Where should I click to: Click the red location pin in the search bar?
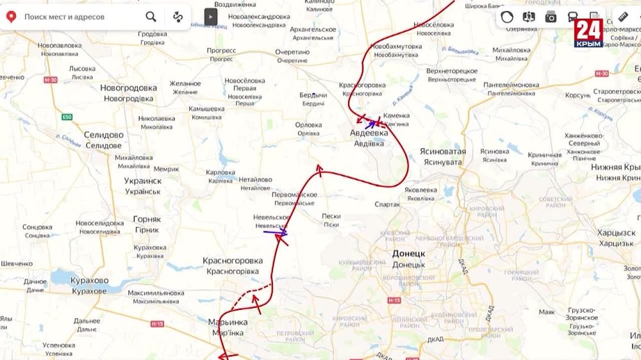pyautogui.click(x=10, y=17)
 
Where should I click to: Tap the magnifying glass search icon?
pyautogui.click(x=151, y=17)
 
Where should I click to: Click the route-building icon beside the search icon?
pyautogui.click(x=178, y=17)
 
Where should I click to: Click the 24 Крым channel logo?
pyautogui.click(x=588, y=33)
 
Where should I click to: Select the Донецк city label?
pyautogui.click(x=408, y=254)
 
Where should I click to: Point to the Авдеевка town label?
pyautogui.click(x=369, y=133)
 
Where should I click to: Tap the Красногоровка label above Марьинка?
pyautogui.click(x=233, y=261)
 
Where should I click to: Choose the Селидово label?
pyautogui.click(x=104, y=135)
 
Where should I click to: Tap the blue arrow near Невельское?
pyautogui.click(x=275, y=232)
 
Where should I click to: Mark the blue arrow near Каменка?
pyautogui.click(x=370, y=124)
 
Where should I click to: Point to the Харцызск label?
pyautogui.click(x=617, y=233)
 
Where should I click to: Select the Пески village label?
pyautogui.click(x=331, y=216)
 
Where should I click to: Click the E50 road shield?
pyautogui.click(x=67, y=117)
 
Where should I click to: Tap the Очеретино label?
pyautogui.click(x=292, y=52)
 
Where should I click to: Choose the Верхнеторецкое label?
pyautogui.click(x=451, y=70)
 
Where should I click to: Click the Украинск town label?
pyautogui.click(x=143, y=181)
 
